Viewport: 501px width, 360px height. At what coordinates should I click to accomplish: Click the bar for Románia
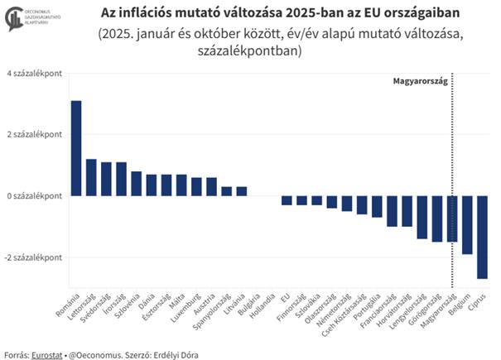pyautogui.click(x=76, y=148)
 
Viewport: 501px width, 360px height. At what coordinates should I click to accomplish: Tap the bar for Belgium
pyautogui.click(x=467, y=224)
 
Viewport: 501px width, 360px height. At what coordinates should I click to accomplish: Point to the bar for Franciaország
pyautogui.click(x=392, y=210)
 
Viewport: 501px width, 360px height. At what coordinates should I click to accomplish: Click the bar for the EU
pyautogui.click(x=287, y=199)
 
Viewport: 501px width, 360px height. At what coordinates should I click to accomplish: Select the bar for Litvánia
pyautogui.click(x=242, y=191)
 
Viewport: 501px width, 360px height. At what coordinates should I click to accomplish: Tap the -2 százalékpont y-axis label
pyautogui.click(x=33, y=257)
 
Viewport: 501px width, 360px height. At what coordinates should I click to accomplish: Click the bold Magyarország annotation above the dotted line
pyautogui.click(x=419, y=81)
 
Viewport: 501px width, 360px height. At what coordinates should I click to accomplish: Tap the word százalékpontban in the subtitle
pyautogui.click(x=250, y=51)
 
